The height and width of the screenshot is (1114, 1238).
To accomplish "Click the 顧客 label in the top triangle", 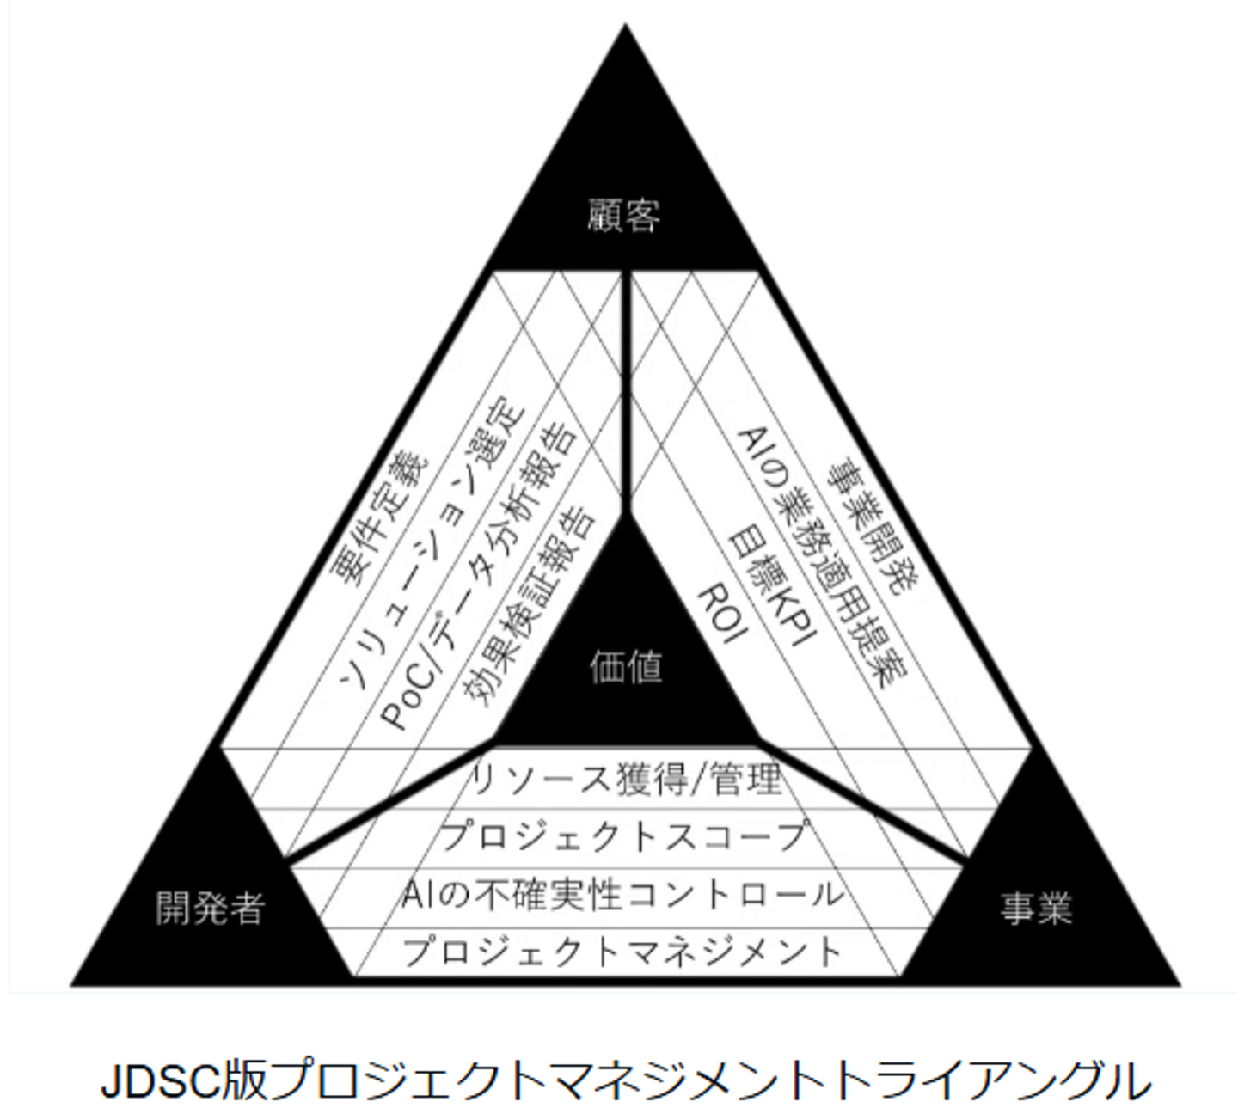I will [x=625, y=216].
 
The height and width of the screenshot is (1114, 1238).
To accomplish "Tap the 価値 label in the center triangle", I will [x=626, y=666].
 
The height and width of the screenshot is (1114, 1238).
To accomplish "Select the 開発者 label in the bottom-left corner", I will [x=209, y=908].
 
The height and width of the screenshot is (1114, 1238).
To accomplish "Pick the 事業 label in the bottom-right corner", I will [x=1037, y=908].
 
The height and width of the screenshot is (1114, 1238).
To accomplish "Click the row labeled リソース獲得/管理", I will [x=626, y=779].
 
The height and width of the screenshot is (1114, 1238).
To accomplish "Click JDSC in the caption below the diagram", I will [x=162, y=1082].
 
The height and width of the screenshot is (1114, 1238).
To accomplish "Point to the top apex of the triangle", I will [x=625, y=28].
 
